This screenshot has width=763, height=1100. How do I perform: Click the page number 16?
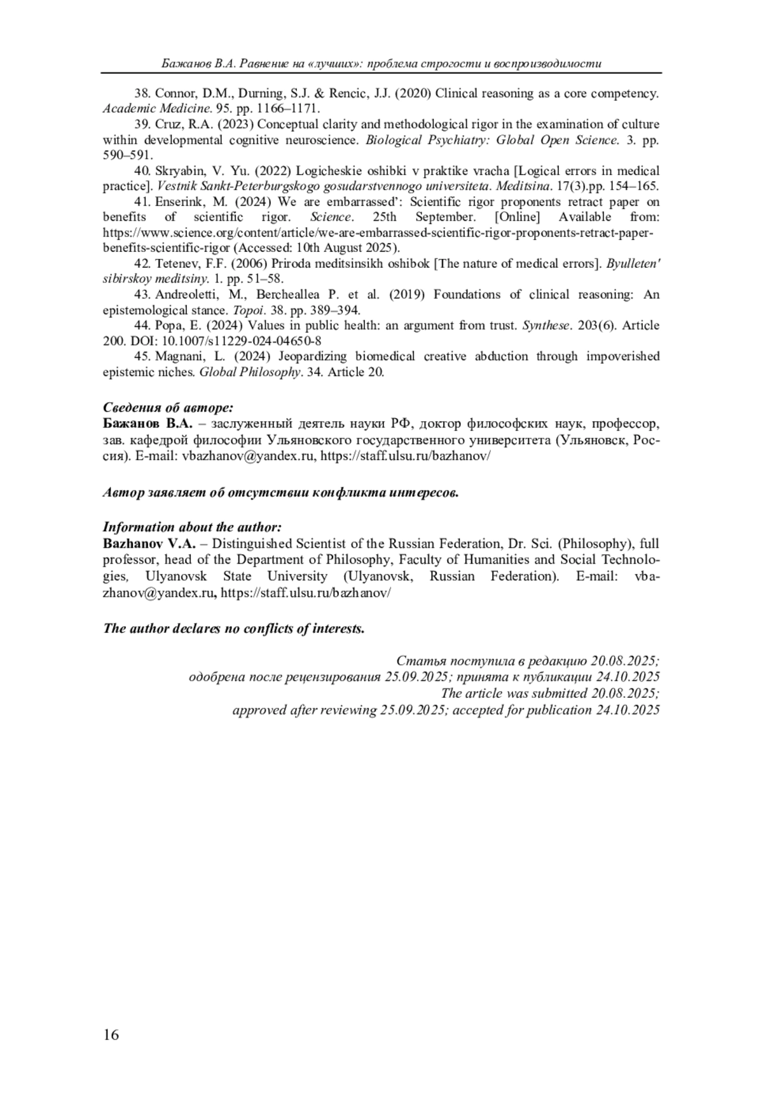click(111, 1035)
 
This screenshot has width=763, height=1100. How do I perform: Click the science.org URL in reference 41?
click(378, 233)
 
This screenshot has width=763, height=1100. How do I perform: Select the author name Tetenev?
click(176, 264)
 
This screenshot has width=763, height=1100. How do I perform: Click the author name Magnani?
click(178, 356)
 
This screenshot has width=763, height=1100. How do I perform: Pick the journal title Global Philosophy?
click(249, 372)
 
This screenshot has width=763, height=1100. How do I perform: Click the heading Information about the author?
click(191, 527)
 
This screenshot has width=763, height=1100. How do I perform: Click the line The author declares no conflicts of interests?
click(234, 629)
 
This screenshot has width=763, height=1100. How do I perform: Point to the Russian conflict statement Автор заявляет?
click(280, 493)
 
